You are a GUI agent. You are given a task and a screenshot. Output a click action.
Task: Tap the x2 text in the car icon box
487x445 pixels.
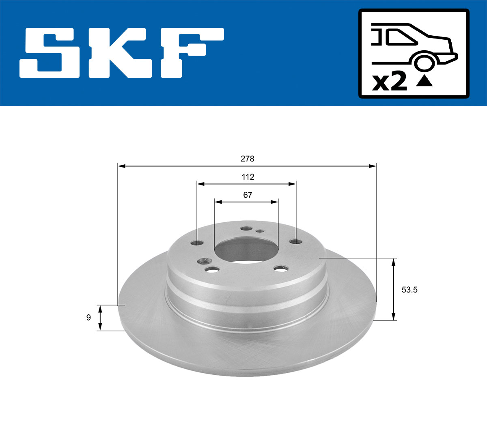click(389, 82)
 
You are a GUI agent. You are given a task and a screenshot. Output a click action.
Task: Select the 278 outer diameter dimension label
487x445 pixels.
click(247, 159)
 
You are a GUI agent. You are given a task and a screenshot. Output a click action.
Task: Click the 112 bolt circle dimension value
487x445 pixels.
click(247, 177)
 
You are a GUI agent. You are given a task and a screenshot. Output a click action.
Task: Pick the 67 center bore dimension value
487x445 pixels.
click(247, 195)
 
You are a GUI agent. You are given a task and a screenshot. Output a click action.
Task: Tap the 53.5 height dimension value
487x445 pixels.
click(409, 290)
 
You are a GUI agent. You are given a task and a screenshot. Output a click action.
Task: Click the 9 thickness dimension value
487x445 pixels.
click(88, 318)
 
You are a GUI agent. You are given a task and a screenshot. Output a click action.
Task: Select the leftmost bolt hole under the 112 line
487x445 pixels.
click(197, 243)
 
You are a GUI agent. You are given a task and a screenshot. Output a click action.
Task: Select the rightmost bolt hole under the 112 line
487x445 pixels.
click(296, 242)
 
